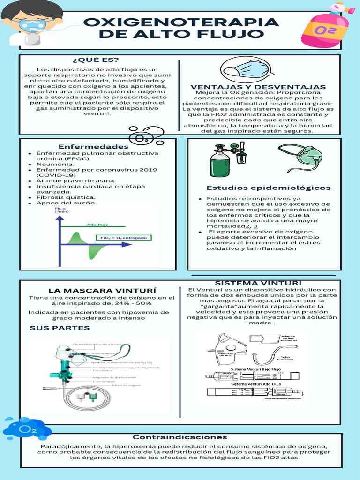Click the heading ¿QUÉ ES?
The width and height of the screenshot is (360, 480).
tap(96, 60)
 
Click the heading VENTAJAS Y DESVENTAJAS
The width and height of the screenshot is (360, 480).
tap(258, 87)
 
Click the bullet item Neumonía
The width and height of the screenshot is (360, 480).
tap(55, 164)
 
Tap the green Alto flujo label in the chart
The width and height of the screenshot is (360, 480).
tap(97, 225)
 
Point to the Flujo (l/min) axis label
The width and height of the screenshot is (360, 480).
tap(62, 210)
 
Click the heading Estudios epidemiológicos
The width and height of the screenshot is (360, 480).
tap(268, 187)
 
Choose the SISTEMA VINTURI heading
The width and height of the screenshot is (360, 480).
tap(258, 283)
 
